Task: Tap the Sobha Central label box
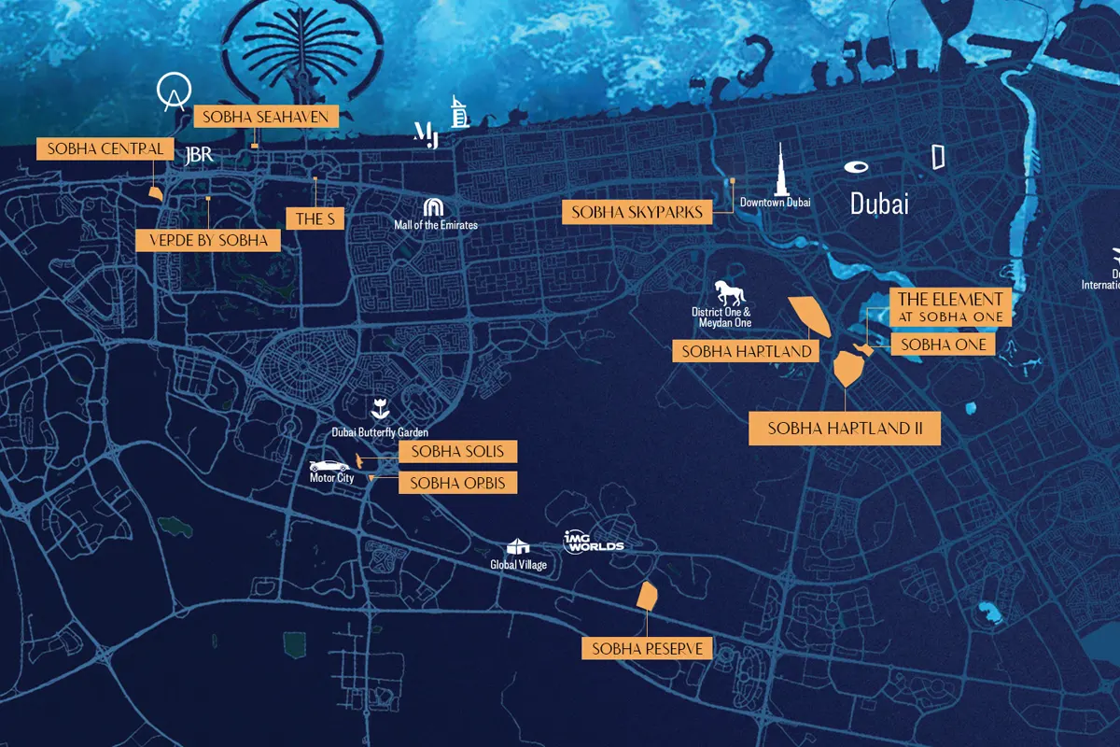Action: coord(105,148)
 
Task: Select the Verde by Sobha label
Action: coord(208,240)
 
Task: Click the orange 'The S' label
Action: coord(315,219)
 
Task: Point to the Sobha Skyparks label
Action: coord(637,213)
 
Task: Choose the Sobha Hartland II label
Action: coord(845,430)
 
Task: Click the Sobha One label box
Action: coord(943,345)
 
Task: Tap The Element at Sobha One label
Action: coord(950,307)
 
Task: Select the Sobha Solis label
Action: coord(457,452)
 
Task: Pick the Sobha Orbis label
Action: coord(457,483)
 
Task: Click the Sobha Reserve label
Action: coord(647,648)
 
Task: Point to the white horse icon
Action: coord(729,291)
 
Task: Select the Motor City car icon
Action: coord(329,466)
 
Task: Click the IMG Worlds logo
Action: coord(593,542)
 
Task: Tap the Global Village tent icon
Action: coord(518,547)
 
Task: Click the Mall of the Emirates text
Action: coord(436,225)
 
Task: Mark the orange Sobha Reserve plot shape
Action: coord(647,596)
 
